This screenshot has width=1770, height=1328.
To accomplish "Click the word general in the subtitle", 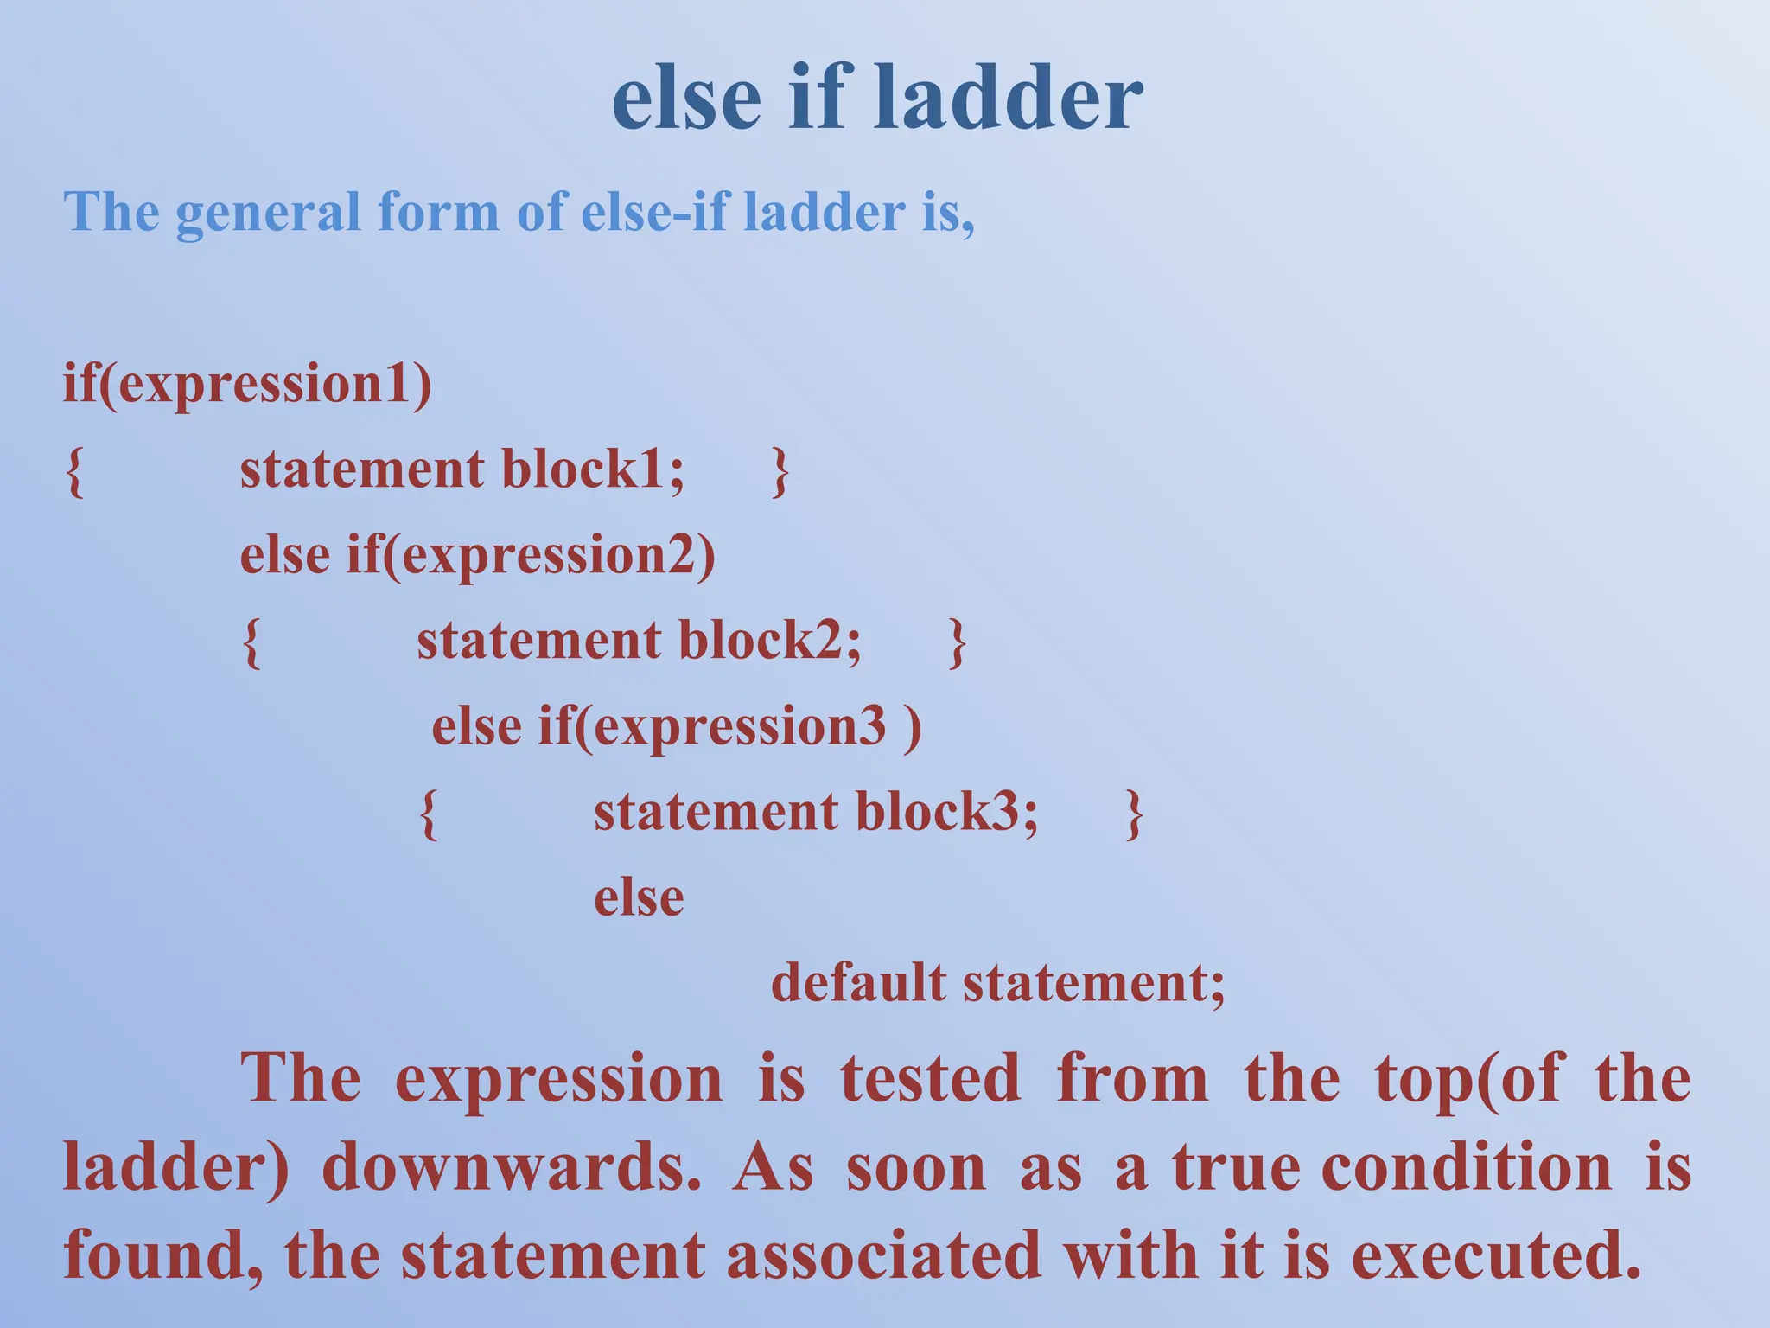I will coord(268,212).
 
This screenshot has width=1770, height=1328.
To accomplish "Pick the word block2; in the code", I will coord(769,641).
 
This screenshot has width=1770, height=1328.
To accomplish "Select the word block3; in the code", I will coord(946,812).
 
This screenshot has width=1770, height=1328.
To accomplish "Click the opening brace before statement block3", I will coord(428,814).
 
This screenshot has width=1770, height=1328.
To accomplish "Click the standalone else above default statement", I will coord(639,897).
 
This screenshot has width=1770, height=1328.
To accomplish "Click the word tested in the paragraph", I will coord(930,1079).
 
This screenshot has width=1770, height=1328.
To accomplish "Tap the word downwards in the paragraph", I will coord(512,1167).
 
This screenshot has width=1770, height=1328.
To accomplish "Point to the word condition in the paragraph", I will coord(1467,1167).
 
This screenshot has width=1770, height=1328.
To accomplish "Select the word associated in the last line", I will coord(883,1255).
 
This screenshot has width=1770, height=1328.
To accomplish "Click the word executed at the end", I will coord(1495,1255).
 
